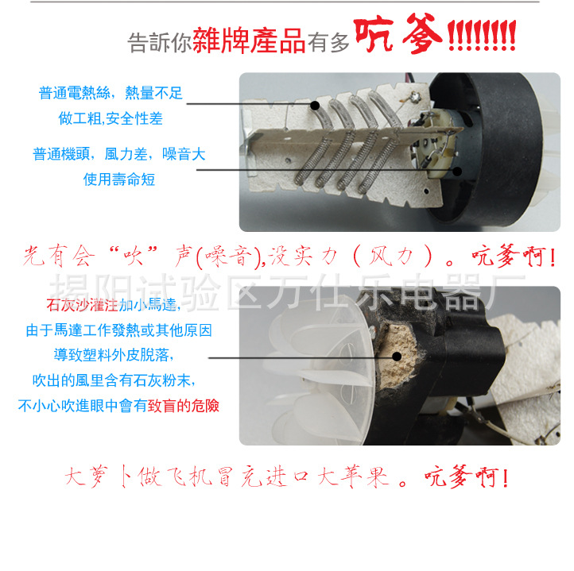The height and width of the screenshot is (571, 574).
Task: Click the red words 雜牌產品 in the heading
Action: coord(249,41)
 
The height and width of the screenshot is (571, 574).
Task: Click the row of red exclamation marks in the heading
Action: coord(482,35)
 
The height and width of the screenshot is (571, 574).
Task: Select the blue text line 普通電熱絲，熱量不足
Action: coord(111,93)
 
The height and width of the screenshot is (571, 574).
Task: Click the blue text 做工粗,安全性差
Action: coord(111,118)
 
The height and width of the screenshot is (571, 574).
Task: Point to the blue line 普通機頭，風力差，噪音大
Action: coord(119,154)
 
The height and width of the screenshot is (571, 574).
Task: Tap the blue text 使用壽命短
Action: coord(119,179)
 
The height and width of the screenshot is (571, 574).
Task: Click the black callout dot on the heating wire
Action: coord(315,106)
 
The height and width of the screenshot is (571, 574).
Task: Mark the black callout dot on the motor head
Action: coord(457,171)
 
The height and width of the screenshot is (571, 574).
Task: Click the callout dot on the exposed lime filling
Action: coord(397,357)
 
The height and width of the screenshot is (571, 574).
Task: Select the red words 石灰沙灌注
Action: coord(83,305)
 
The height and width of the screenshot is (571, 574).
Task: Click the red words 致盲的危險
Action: coord(184,406)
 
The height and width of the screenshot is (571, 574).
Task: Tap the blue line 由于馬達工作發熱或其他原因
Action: coord(119,330)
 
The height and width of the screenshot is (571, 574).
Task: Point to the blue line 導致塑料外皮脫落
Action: coord(114,355)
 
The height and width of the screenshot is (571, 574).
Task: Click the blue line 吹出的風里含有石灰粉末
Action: coord(114,380)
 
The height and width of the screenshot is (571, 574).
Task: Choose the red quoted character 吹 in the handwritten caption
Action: coord(133,256)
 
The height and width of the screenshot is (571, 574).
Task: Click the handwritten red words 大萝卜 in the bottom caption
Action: coord(99,476)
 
